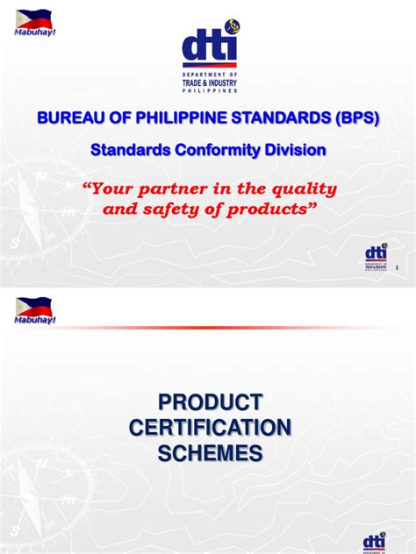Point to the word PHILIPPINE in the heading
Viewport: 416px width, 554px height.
[x=177, y=118]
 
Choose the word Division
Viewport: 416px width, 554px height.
[x=295, y=151]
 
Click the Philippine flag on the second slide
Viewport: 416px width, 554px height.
[x=33, y=306]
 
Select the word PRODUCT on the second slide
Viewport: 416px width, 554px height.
[x=210, y=402]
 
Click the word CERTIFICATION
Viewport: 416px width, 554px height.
[x=210, y=428]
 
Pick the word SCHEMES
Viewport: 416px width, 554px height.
[x=210, y=453]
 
